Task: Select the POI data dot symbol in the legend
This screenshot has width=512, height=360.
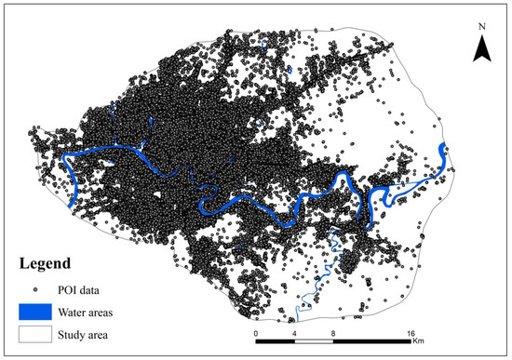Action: click(34, 288)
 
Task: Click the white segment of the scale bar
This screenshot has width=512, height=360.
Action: click(314, 340)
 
